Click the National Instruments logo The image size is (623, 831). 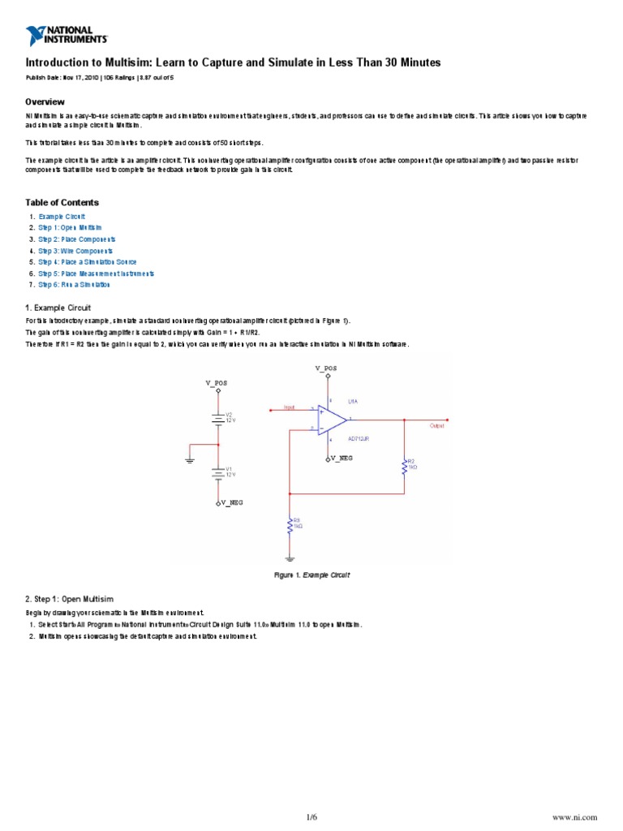pyautogui.click(x=67, y=35)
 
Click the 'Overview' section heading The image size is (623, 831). pyautogui.click(x=45, y=101)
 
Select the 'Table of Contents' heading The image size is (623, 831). pyautogui.click(x=62, y=202)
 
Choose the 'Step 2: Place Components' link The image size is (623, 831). pyautogui.click(x=77, y=239)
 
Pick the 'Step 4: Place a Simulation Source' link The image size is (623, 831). pyautogui.click(x=88, y=262)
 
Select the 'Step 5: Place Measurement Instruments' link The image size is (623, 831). pyautogui.click(x=96, y=273)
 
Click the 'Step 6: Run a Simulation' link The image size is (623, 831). pyautogui.click(x=74, y=285)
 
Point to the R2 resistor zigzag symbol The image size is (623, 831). pyautogui.click(x=405, y=467)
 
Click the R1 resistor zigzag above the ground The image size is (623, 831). pyautogui.click(x=290, y=527)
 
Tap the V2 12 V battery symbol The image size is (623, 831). pyautogui.click(x=218, y=417)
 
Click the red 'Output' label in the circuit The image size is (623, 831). pyautogui.click(x=436, y=426)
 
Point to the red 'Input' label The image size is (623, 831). pyautogui.click(x=289, y=407)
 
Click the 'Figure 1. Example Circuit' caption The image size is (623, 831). pyautogui.click(x=311, y=575)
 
